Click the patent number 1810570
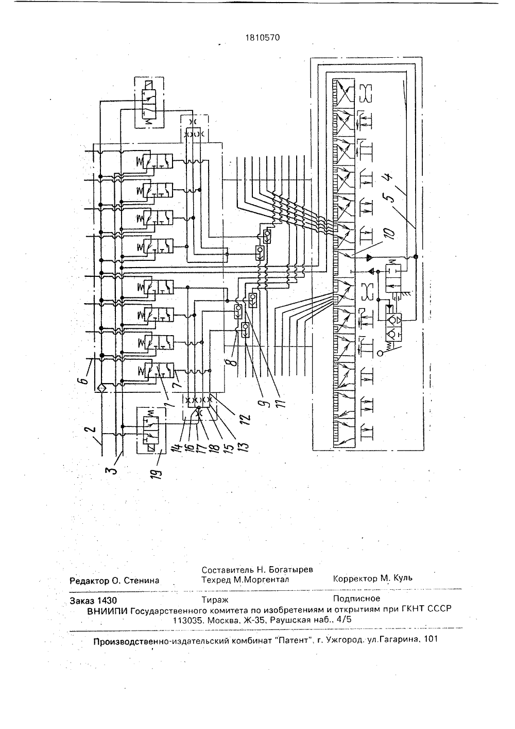click(262, 38)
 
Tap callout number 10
click(389, 233)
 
